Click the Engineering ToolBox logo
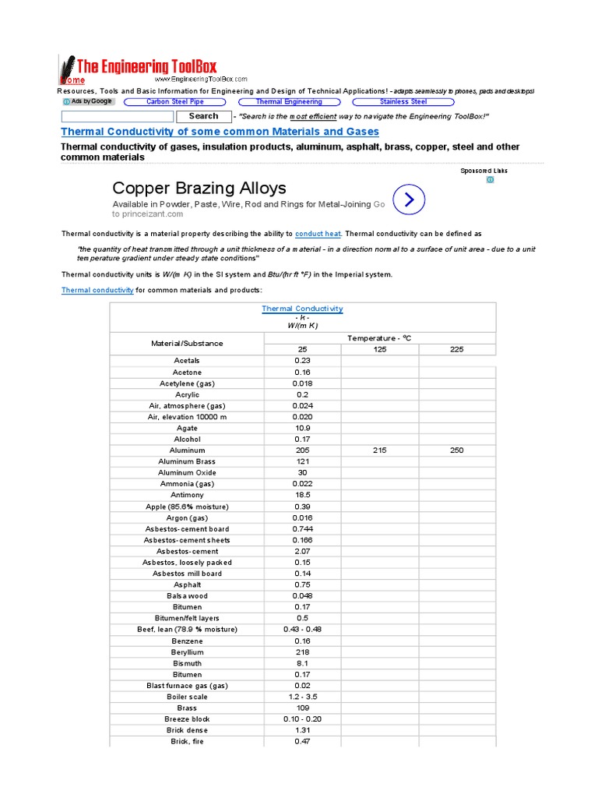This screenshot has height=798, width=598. pyautogui.click(x=140, y=69)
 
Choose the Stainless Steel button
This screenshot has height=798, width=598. pyautogui.click(x=403, y=101)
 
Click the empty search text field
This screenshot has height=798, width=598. pyautogui.click(x=117, y=116)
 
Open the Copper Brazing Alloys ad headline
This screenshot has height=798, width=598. pyautogui.click(x=199, y=188)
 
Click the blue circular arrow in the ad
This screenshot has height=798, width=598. pyautogui.click(x=410, y=199)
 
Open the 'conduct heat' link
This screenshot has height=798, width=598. pyautogui.click(x=318, y=234)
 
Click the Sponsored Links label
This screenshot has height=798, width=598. pyautogui.click(x=483, y=170)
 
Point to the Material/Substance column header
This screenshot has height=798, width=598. pyautogui.click(x=187, y=343)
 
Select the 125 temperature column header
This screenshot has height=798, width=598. pyautogui.click(x=379, y=349)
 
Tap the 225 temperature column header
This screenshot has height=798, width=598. pyautogui.click(x=456, y=349)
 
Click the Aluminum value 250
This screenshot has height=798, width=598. pyautogui.click(x=456, y=450)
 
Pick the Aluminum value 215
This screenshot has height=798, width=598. pyautogui.click(x=379, y=450)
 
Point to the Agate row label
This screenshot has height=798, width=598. pyautogui.click(x=187, y=428)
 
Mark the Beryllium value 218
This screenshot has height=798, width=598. pyautogui.click(x=302, y=651)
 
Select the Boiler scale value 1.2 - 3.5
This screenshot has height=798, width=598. pyautogui.click(x=302, y=697)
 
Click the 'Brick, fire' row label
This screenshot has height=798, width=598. pyautogui.click(x=187, y=741)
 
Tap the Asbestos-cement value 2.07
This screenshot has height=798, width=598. pyautogui.click(x=302, y=551)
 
